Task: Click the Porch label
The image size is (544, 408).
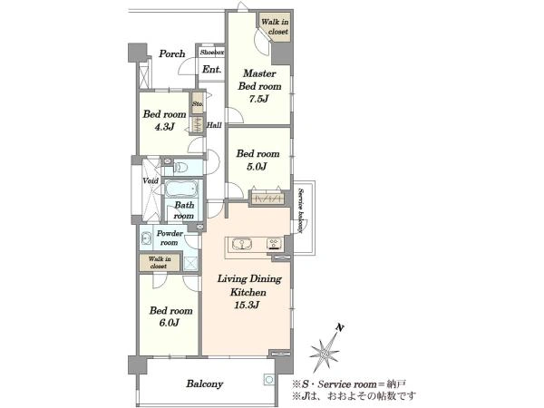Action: pyautogui.click(x=172, y=54)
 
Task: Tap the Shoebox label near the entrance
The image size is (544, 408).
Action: pyautogui.click(x=212, y=53)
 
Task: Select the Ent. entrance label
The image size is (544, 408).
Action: pyautogui.click(x=211, y=70)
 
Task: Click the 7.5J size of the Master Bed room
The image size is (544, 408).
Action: pyautogui.click(x=258, y=99)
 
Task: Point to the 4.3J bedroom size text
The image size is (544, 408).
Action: pyautogui.click(x=164, y=127)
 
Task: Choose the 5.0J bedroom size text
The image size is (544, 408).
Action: pyautogui.click(x=257, y=167)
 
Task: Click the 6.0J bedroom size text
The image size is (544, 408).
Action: pyautogui.click(x=170, y=323)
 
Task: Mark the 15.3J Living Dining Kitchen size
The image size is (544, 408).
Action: pyautogui.click(x=247, y=306)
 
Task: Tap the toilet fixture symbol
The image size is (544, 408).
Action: pyautogui.click(x=180, y=168)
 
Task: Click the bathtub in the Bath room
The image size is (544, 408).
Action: pyautogui.click(x=181, y=189)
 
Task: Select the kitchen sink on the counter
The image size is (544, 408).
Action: pyautogui.click(x=242, y=244)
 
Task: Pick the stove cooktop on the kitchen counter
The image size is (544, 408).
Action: pyautogui.click(x=275, y=244)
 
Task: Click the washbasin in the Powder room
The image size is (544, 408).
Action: pyautogui.click(x=146, y=238)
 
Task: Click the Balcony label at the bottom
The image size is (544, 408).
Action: pyautogui.click(x=205, y=384)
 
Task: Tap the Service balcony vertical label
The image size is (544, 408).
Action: pyautogui.click(x=301, y=210)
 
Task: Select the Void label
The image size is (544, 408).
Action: pyautogui.click(x=151, y=180)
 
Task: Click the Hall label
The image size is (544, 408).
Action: pyautogui.click(x=214, y=125)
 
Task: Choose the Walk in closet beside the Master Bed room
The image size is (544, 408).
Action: pyautogui.click(x=275, y=26)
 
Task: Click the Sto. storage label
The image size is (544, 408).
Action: pyautogui.click(x=198, y=103)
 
